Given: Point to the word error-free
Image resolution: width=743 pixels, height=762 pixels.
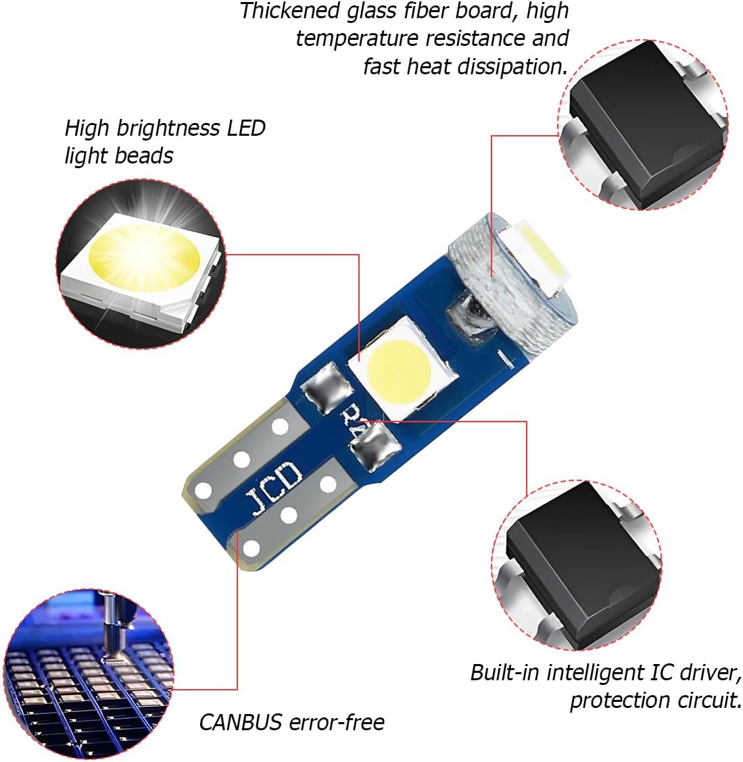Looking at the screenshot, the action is tap(337, 723).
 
